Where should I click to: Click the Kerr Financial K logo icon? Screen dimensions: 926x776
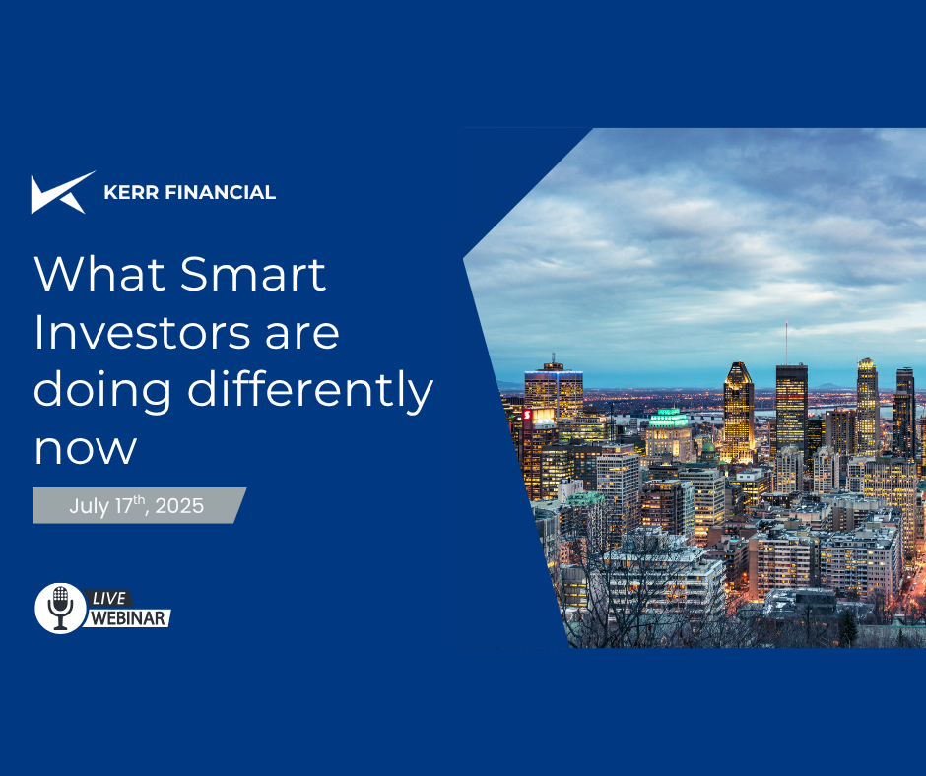62,193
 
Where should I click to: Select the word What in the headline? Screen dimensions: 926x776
99,274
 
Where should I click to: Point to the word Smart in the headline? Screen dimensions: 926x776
253,274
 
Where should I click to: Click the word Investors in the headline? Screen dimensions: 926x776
142,333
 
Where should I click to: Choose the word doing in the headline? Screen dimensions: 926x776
102,391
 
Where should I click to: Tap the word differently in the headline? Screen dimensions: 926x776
310,391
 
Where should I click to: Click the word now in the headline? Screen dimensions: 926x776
86,450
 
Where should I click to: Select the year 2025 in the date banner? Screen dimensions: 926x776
179,506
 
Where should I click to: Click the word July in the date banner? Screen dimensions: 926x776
90,507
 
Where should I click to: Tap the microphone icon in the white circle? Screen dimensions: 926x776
60,608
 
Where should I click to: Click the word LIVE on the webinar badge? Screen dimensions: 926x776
109,598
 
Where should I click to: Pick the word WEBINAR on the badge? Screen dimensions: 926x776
127,618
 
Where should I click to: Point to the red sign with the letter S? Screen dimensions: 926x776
527,416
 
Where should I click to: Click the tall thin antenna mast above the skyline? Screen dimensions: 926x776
786,343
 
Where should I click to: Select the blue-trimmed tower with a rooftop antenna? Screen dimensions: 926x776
554,393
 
